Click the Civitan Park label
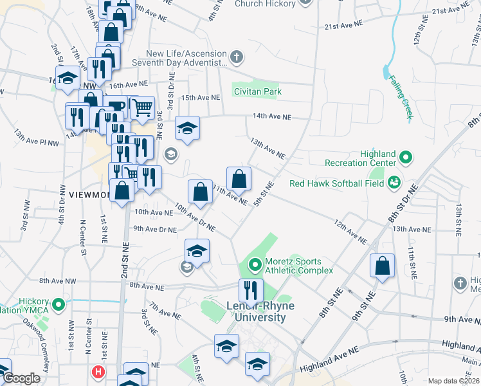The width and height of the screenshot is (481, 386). tap(258, 92)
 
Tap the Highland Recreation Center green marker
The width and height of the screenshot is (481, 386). tap(406, 156)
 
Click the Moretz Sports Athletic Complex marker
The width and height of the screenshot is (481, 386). tap(255, 264)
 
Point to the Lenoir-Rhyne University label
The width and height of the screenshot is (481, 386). tap(255, 312)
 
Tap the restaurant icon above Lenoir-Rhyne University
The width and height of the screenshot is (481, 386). tap(251, 290)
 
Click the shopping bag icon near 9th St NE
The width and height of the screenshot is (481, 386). tap(383, 266)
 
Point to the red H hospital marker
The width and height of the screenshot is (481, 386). tap(98, 371)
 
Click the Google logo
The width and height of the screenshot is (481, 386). tap(21, 378)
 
